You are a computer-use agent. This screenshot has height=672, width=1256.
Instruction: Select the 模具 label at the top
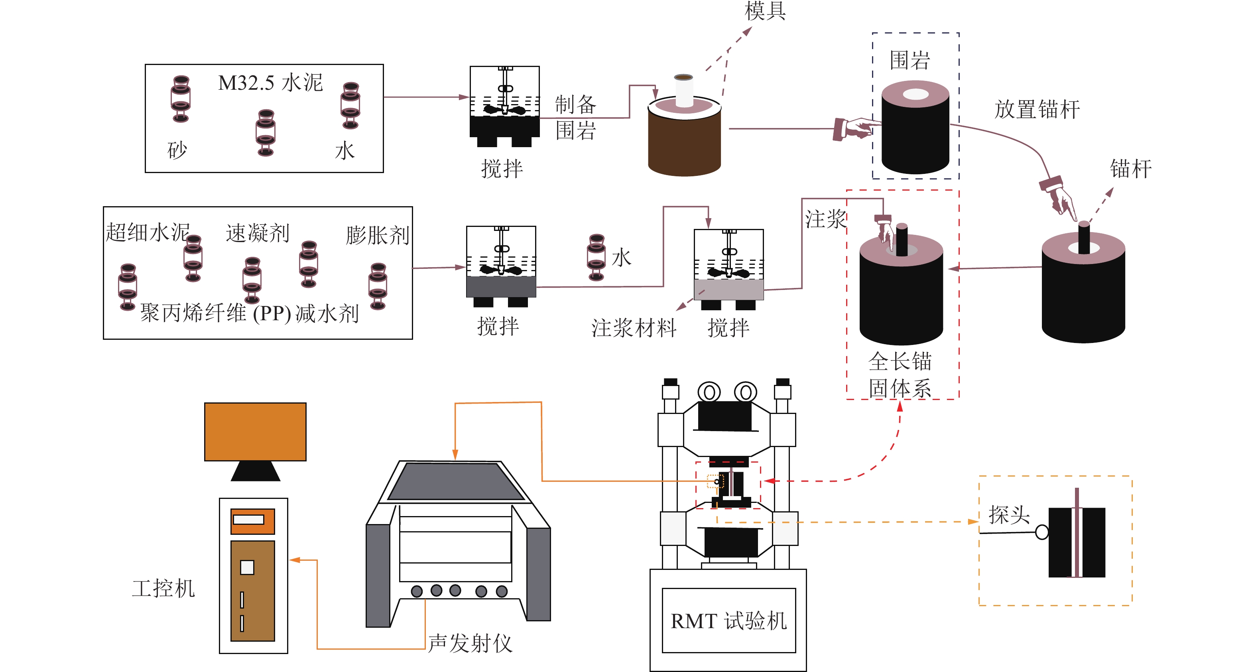coord(765,11)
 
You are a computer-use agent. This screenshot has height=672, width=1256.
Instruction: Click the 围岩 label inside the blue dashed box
coord(910,60)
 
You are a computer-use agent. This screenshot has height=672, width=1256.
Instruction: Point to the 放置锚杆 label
coord(1037,109)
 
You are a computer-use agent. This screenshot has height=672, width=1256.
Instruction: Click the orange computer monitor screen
coord(255,431)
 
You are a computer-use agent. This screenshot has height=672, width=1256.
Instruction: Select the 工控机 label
coord(163,588)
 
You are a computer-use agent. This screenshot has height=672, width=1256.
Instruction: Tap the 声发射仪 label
coord(470,643)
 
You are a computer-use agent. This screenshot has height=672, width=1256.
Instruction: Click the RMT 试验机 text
coord(728,621)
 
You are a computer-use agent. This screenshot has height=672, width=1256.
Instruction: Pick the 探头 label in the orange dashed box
coord(1009,514)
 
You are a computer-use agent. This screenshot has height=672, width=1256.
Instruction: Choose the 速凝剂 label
coord(258,233)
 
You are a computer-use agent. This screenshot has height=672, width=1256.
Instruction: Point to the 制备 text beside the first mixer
coord(575,104)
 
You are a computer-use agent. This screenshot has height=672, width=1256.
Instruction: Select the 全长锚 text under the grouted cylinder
coord(900,361)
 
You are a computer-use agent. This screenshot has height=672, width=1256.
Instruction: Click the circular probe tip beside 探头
coord(1041,532)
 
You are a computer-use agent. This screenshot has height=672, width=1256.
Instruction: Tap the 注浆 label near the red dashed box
coord(825,219)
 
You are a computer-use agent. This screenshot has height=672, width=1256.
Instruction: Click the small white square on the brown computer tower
coord(247,567)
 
